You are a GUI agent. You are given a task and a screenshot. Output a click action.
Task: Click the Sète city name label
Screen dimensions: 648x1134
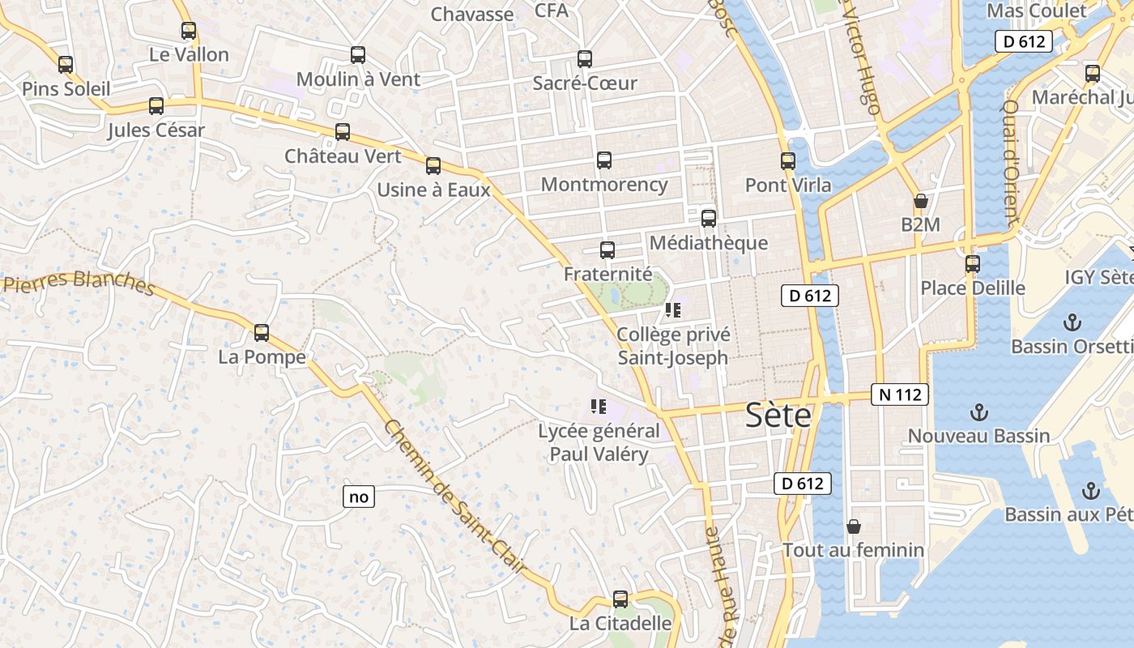point(778,416)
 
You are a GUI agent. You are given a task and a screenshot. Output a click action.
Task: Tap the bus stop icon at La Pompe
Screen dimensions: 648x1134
point(262,332)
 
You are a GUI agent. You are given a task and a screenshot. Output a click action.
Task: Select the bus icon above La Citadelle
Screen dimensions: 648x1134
point(620,599)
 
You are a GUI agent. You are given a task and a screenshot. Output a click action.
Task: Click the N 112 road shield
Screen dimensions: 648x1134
point(900,394)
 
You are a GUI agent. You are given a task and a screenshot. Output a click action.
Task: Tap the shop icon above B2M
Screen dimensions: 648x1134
point(920,201)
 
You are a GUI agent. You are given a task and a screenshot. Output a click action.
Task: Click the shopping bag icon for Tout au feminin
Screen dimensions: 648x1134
point(853,526)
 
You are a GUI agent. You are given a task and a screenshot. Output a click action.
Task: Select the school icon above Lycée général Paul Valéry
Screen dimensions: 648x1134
point(599,407)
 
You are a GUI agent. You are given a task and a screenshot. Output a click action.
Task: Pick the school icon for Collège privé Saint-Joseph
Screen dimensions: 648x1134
point(672,309)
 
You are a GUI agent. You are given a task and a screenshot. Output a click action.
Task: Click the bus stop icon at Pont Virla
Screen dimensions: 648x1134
point(788,161)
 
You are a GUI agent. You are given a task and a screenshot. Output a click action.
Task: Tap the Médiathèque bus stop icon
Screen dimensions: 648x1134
point(709,218)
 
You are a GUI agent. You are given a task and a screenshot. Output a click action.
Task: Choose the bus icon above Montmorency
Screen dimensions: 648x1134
point(604,160)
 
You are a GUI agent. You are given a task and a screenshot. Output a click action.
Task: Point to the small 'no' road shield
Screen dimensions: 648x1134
point(359,497)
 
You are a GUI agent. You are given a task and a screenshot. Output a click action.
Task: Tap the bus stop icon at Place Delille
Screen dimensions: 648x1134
point(973,264)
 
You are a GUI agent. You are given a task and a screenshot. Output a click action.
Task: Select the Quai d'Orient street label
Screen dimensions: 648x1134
point(1009,162)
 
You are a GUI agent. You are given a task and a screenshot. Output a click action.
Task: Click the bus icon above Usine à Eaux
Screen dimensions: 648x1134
point(433,166)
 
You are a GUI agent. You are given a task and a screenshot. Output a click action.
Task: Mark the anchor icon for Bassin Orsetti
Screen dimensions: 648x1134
point(1072,322)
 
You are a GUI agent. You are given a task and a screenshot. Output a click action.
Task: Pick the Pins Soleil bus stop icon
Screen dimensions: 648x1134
point(66,65)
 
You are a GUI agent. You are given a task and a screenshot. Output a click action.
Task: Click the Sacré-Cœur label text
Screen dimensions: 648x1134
point(585,83)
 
